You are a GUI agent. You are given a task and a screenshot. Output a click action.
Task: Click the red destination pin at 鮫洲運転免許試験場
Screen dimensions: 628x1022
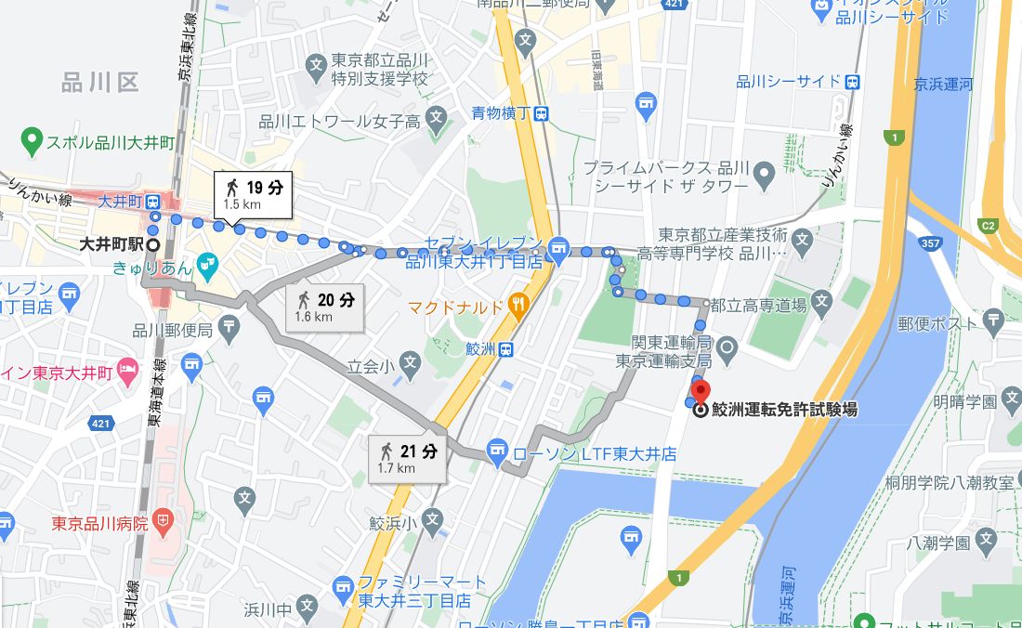pos(701,391)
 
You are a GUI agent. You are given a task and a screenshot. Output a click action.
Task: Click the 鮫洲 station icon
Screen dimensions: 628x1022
pos(504,349)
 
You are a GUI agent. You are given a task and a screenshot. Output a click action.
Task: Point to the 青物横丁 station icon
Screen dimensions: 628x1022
pos(541,113)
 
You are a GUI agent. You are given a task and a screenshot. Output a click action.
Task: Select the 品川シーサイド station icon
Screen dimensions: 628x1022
pos(852,81)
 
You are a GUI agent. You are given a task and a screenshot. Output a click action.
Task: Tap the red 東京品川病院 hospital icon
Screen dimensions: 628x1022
pos(164,523)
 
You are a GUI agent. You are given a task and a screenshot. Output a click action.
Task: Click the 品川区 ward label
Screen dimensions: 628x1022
pos(99,83)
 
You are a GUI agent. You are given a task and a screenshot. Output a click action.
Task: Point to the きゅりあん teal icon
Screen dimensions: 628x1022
pos(205,266)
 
